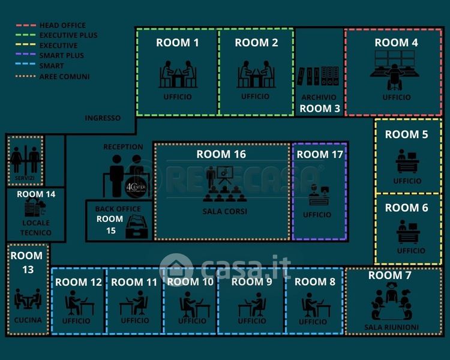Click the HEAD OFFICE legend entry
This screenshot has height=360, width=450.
click(x=62, y=25)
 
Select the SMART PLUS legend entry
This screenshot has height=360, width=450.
click(x=61, y=56)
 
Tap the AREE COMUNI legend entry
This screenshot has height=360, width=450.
click(x=64, y=76)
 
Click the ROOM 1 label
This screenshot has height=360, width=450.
click(x=177, y=43)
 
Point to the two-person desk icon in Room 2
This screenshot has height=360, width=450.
click(x=256, y=75)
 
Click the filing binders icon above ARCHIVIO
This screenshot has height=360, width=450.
click(x=319, y=76)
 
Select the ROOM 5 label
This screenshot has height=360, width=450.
click(x=406, y=134)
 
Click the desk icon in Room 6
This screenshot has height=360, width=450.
click(x=408, y=231)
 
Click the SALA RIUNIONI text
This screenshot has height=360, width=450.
click(x=391, y=328)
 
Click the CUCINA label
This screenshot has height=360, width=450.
click(x=28, y=320)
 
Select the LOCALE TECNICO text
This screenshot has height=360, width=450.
click(x=35, y=227)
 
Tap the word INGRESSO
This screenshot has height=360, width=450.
click(x=103, y=118)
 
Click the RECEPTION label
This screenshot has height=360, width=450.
click(x=123, y=146)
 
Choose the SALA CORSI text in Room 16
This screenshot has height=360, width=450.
click(x=225, y=211)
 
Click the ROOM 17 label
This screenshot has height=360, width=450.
click(x=320, y=154)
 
